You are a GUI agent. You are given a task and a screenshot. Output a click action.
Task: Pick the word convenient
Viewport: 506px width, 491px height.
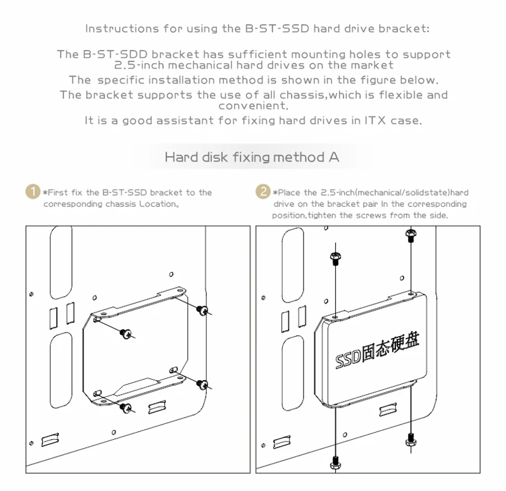pyautogui.click(x=253, y=106)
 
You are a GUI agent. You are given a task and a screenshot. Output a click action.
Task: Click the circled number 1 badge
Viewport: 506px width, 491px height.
pyautogui.click(x=32, y=192)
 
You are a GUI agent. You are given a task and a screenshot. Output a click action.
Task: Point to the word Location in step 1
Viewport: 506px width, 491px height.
pyautogui.click(x=154, y=204)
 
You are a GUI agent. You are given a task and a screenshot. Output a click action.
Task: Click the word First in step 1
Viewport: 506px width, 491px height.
pyautogui.click(x=58, y=192)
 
